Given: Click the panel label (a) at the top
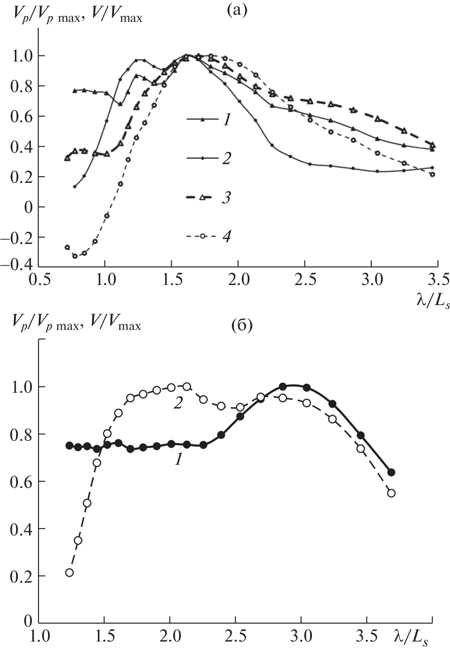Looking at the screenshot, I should (x=238, y=9).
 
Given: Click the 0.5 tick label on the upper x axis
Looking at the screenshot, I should (x=38, y=279).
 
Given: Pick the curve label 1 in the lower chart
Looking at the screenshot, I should (x=178, y=460).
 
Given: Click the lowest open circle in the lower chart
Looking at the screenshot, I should (x=69, y=573).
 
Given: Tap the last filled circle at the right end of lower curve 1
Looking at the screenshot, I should (x=391, y=472).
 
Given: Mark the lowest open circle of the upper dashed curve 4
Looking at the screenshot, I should (x=75, y=256).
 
